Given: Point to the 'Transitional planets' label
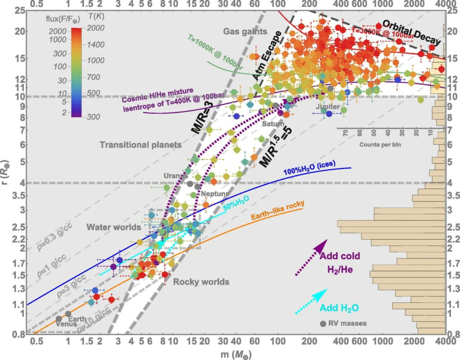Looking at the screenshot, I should (x=140, y=145).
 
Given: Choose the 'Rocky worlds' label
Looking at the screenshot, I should (x=201, y=282).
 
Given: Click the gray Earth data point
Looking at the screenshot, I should (x=68, y=314).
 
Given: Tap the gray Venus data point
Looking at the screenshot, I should (x=58, y=319).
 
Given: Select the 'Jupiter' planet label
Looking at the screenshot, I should (x=325, y=107).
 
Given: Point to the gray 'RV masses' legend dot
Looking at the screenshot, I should (x=323, y=324).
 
